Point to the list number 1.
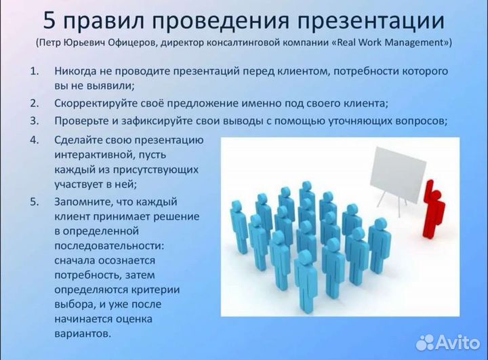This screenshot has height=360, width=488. click(34, 71)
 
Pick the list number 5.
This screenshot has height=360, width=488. click(34, 202)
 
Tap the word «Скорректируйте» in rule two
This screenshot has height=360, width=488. click(95, 104)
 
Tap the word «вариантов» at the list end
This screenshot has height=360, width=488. click(81, 334)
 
